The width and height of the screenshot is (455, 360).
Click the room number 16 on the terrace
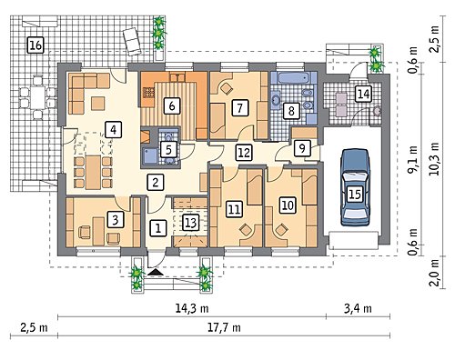[x=35, y=45]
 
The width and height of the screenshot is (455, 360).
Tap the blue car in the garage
[x=355, y=187]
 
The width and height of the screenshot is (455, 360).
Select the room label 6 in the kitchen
[x=172, y=106]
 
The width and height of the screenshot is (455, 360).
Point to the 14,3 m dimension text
[x=192, y=309]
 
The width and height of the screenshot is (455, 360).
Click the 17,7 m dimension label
[x=224, y=327]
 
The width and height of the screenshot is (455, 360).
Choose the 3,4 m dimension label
[x=358, y=309]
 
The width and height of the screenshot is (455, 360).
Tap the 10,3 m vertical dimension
[x=435, y=158]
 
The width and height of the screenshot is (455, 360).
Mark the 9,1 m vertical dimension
[x=413, y=158]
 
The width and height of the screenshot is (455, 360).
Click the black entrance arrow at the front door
[x=156, y=272]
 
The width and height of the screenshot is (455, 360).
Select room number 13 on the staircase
[x=190, y=223]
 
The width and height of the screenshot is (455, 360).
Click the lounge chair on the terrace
[x=132, y=42]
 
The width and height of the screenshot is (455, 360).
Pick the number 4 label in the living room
[x=113, y=130]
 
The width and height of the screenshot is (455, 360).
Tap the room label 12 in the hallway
[x=244, y=153]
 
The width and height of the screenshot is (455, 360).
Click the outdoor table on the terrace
[x=38, y=98]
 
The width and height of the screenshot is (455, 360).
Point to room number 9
[x=302, y=148]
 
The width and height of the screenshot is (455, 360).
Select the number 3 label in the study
[x=116, y=219]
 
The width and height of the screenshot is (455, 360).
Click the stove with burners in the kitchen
[x=148, y=93]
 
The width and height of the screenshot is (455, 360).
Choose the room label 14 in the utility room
[x=363, y=94]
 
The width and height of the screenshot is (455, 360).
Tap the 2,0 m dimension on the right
[x=435, y=272]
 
